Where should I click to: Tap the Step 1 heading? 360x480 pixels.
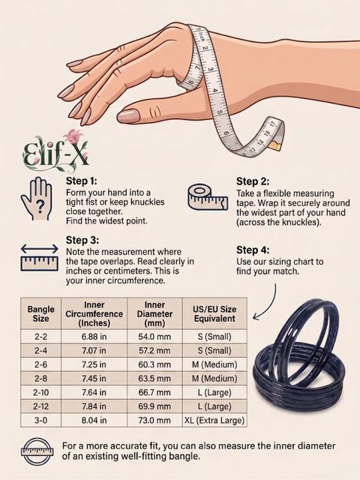(82, 181)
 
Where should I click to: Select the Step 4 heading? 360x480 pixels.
(253, 250)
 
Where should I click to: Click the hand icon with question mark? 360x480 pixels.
(36, 198)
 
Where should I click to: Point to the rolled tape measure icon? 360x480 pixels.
(208, 196)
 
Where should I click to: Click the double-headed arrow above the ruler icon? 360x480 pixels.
(40, 248)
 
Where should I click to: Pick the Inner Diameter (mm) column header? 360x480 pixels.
(154, 313)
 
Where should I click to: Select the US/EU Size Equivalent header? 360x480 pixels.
(214, 313)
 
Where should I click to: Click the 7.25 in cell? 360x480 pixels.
(94, 364)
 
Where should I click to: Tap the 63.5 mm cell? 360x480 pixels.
(154, 379)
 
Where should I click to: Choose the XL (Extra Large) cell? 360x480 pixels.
(214, 420)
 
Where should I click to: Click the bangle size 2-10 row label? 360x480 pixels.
(40, 392)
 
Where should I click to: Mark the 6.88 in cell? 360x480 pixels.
(94, 337)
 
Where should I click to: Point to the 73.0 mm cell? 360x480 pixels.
(154, 420)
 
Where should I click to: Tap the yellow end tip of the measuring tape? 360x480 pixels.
(274, 144)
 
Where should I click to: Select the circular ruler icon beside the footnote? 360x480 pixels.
(37, 451)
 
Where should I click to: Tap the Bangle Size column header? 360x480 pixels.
(40, 313)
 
